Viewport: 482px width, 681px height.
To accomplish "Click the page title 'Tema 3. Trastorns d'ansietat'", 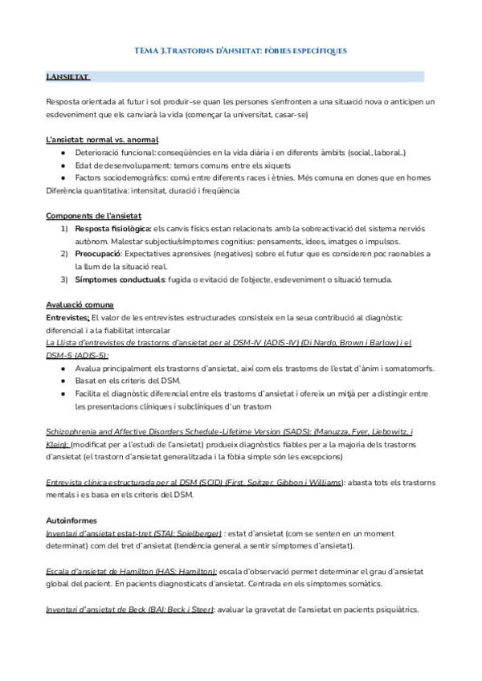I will point(240,51).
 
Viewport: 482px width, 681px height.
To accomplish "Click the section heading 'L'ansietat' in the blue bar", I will point(67,77).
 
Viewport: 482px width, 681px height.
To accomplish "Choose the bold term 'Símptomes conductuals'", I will point(120,279).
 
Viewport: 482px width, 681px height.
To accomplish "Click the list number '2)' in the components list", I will point(64,254).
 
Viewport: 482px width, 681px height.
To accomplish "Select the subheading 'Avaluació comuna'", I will point(80,305).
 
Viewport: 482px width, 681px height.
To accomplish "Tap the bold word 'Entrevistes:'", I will point(67,318).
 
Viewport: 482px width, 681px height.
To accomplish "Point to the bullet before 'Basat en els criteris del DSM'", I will point(64,381).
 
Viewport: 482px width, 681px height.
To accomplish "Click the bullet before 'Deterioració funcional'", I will point(64,153).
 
